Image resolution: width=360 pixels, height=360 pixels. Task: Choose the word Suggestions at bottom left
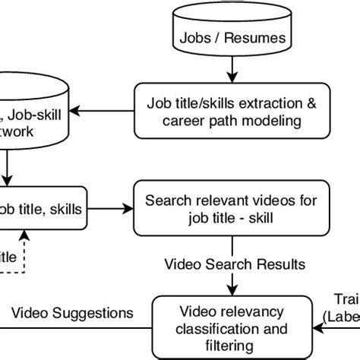(98, 313)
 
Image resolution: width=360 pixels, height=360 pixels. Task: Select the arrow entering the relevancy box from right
(317, 328)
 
